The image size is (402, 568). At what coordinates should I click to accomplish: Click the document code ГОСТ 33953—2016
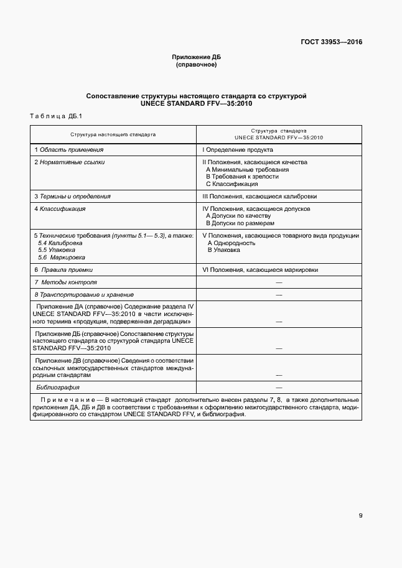pos(331,42)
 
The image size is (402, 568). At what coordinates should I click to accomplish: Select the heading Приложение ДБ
pos(196,57)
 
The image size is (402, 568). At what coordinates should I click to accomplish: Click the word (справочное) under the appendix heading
pos(196,65)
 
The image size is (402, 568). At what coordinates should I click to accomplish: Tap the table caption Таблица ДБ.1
pos(52,116)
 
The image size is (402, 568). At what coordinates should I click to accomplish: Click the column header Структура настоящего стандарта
pos(113,134)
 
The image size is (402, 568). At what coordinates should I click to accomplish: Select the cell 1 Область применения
pos(68,150)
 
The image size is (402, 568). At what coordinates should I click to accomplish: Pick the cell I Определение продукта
pos(238,150)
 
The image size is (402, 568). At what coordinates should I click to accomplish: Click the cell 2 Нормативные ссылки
pos(69,162)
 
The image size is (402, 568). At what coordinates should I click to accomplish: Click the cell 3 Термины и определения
pos(72,197)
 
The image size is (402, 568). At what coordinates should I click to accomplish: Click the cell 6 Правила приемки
pos(63,270)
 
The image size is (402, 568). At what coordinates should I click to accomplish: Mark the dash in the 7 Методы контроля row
pos(279,282)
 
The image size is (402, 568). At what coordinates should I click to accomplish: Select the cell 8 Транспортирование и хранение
pos(84,294)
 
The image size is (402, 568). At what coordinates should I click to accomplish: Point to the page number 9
pos(360,515)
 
